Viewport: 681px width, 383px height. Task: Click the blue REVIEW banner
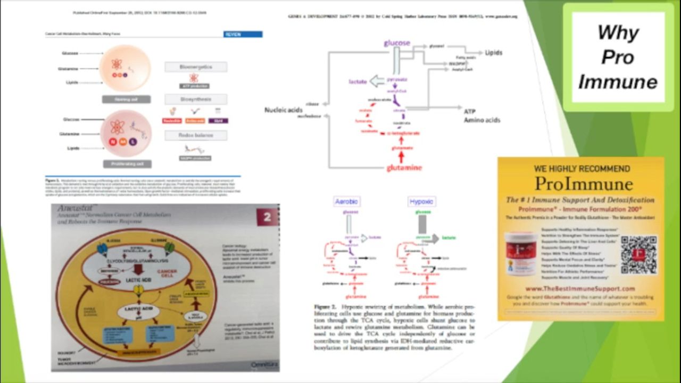coord(243,34)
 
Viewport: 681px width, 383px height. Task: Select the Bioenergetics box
coord(195,67)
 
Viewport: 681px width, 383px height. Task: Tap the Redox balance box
coord(195,135)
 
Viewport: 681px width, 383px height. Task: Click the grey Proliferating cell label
coord(127,164)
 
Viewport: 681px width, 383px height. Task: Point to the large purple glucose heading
coord(397,43)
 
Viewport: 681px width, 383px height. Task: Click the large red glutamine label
coord(404,168)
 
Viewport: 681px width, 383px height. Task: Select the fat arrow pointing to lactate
coord(377,81)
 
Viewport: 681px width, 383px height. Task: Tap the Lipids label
coord(493,53)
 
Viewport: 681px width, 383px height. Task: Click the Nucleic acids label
coord(283,110)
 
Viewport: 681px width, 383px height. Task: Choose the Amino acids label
coord(482,120)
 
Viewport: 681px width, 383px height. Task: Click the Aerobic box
coord(346,202)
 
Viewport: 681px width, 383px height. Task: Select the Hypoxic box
coord(421,202)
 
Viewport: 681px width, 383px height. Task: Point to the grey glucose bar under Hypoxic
coord(422,223)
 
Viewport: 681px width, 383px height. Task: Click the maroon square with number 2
coord(268,218)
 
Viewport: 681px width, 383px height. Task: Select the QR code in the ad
coord(638,255)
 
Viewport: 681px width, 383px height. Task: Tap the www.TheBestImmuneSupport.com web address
coord(580,289)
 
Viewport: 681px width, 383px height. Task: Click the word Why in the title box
coord(618,33)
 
